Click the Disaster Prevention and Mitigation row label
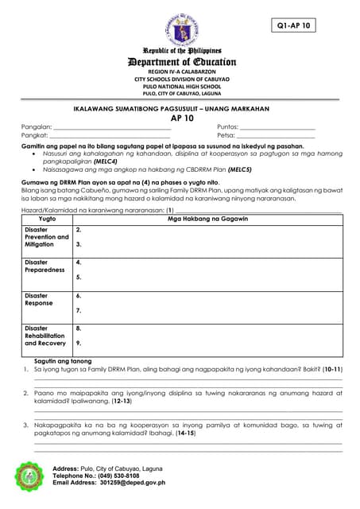point(46,237)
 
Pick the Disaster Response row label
point(39,299)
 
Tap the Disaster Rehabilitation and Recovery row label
point(45,336)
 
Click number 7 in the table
point(79,311)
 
